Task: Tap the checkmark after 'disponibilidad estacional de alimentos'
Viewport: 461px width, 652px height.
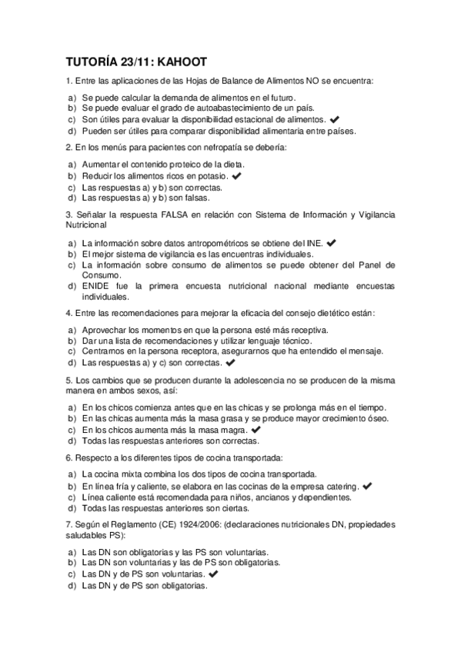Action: (333, 120)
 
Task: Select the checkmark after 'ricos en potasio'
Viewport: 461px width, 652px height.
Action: (237, 176)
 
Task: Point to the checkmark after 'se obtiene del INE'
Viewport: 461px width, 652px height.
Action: (332, 243)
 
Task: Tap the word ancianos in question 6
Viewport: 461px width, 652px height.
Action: (266, 497)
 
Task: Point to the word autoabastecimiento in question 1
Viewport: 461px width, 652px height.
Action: (202, 109)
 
